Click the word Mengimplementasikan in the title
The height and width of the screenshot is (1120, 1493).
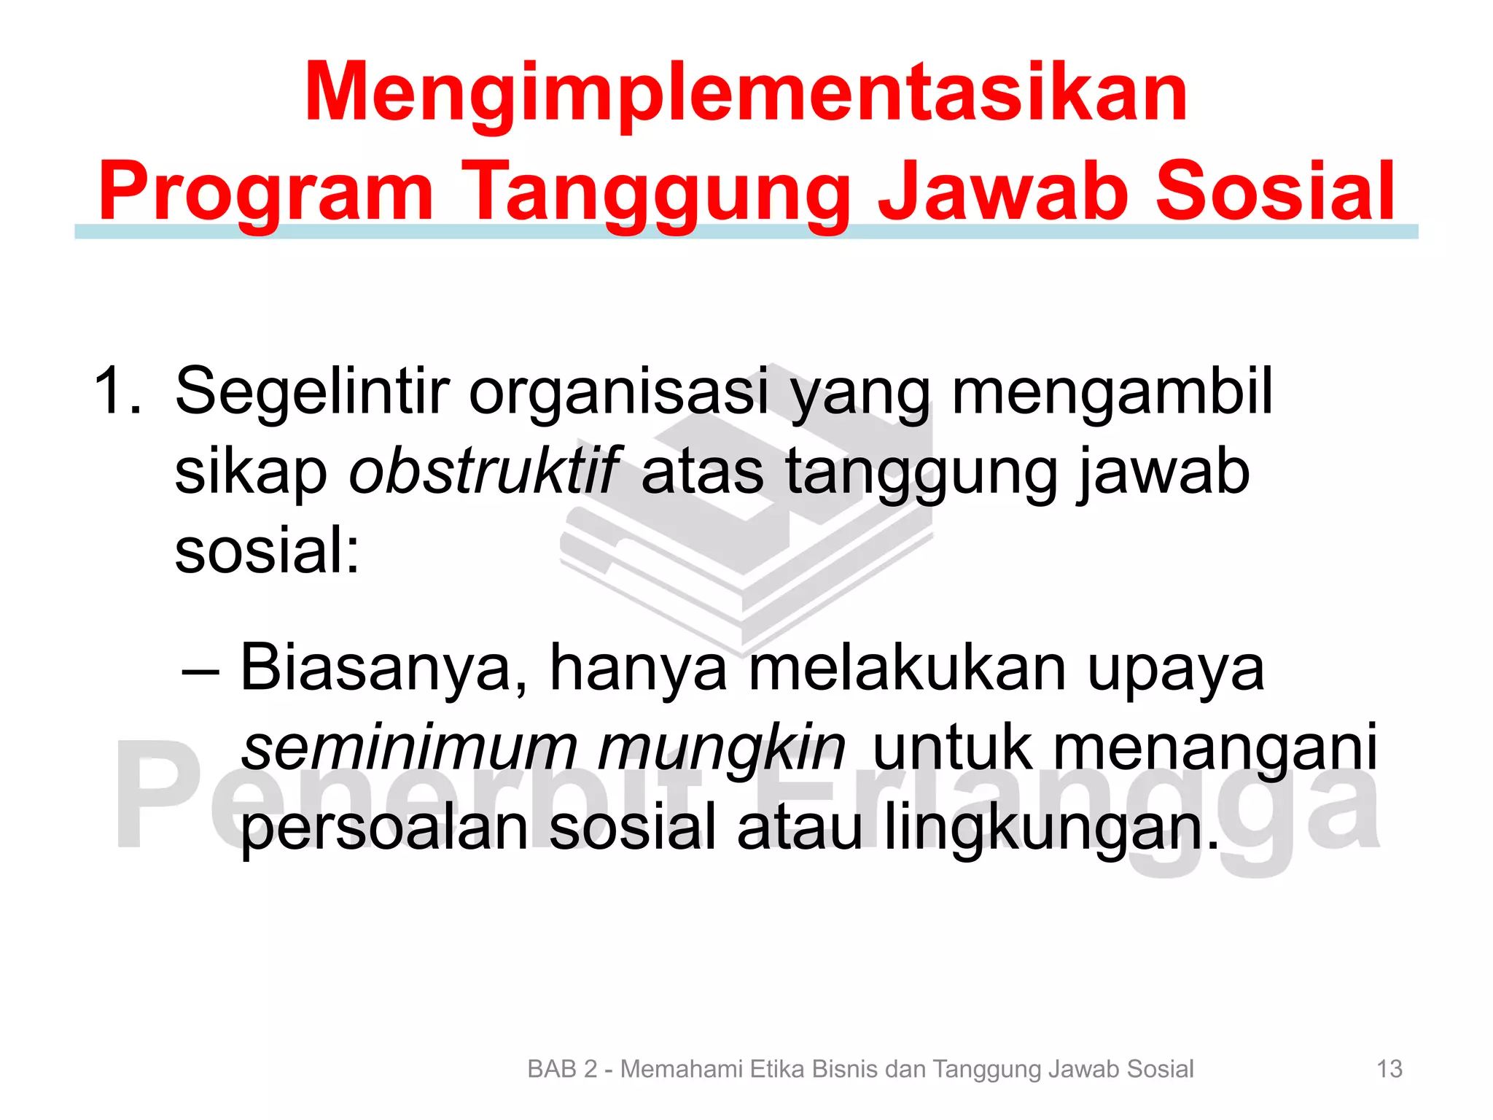tap(746, 93)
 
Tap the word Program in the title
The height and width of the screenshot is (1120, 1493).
tap(267, 191)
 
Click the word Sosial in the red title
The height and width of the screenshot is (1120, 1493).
tap(1276, 191)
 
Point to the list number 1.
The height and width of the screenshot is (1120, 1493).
tap(117, 392)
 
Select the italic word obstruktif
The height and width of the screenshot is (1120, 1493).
tap(484, 472)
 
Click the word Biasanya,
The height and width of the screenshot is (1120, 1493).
tap(383, 669)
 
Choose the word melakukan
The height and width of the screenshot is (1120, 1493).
tap(908, 668)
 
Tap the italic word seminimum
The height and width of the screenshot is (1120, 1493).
tap(408, 748)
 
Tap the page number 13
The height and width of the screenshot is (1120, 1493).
tap(1389, 1069)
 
